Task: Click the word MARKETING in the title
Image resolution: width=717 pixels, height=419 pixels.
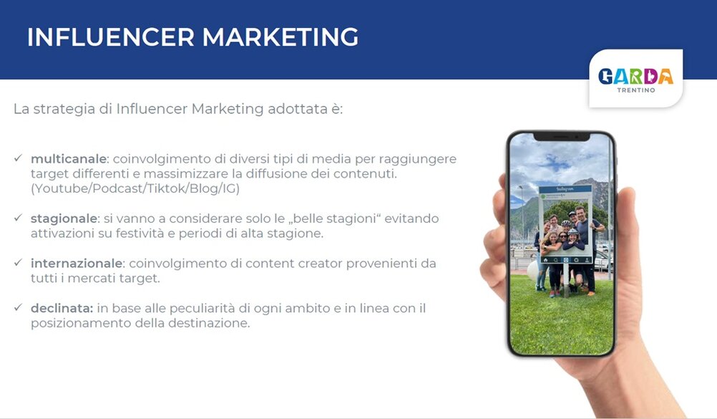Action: coord(281,37)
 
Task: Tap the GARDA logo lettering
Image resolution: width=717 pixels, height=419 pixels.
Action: coord(635,76)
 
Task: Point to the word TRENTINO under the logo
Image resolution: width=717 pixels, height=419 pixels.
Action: coord(636,90)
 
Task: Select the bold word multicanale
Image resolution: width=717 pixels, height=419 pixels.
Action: coord(69,159)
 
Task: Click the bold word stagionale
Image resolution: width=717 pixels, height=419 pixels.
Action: coord(64,218)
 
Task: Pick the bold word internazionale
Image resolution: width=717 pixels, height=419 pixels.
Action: coord(77,264)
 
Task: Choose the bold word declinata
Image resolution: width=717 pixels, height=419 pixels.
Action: coord(62,308)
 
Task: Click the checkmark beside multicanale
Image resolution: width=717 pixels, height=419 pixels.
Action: coord(19,158)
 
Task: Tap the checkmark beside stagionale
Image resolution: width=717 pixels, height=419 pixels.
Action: coord(19,218)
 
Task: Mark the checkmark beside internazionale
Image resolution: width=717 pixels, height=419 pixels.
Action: coord(19,263)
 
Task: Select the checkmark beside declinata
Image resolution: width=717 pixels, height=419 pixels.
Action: coord(19,308)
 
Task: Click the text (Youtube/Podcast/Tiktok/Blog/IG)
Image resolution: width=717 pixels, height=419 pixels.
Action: coord(135,188)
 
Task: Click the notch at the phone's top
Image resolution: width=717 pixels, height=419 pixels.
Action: coord(562,137)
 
